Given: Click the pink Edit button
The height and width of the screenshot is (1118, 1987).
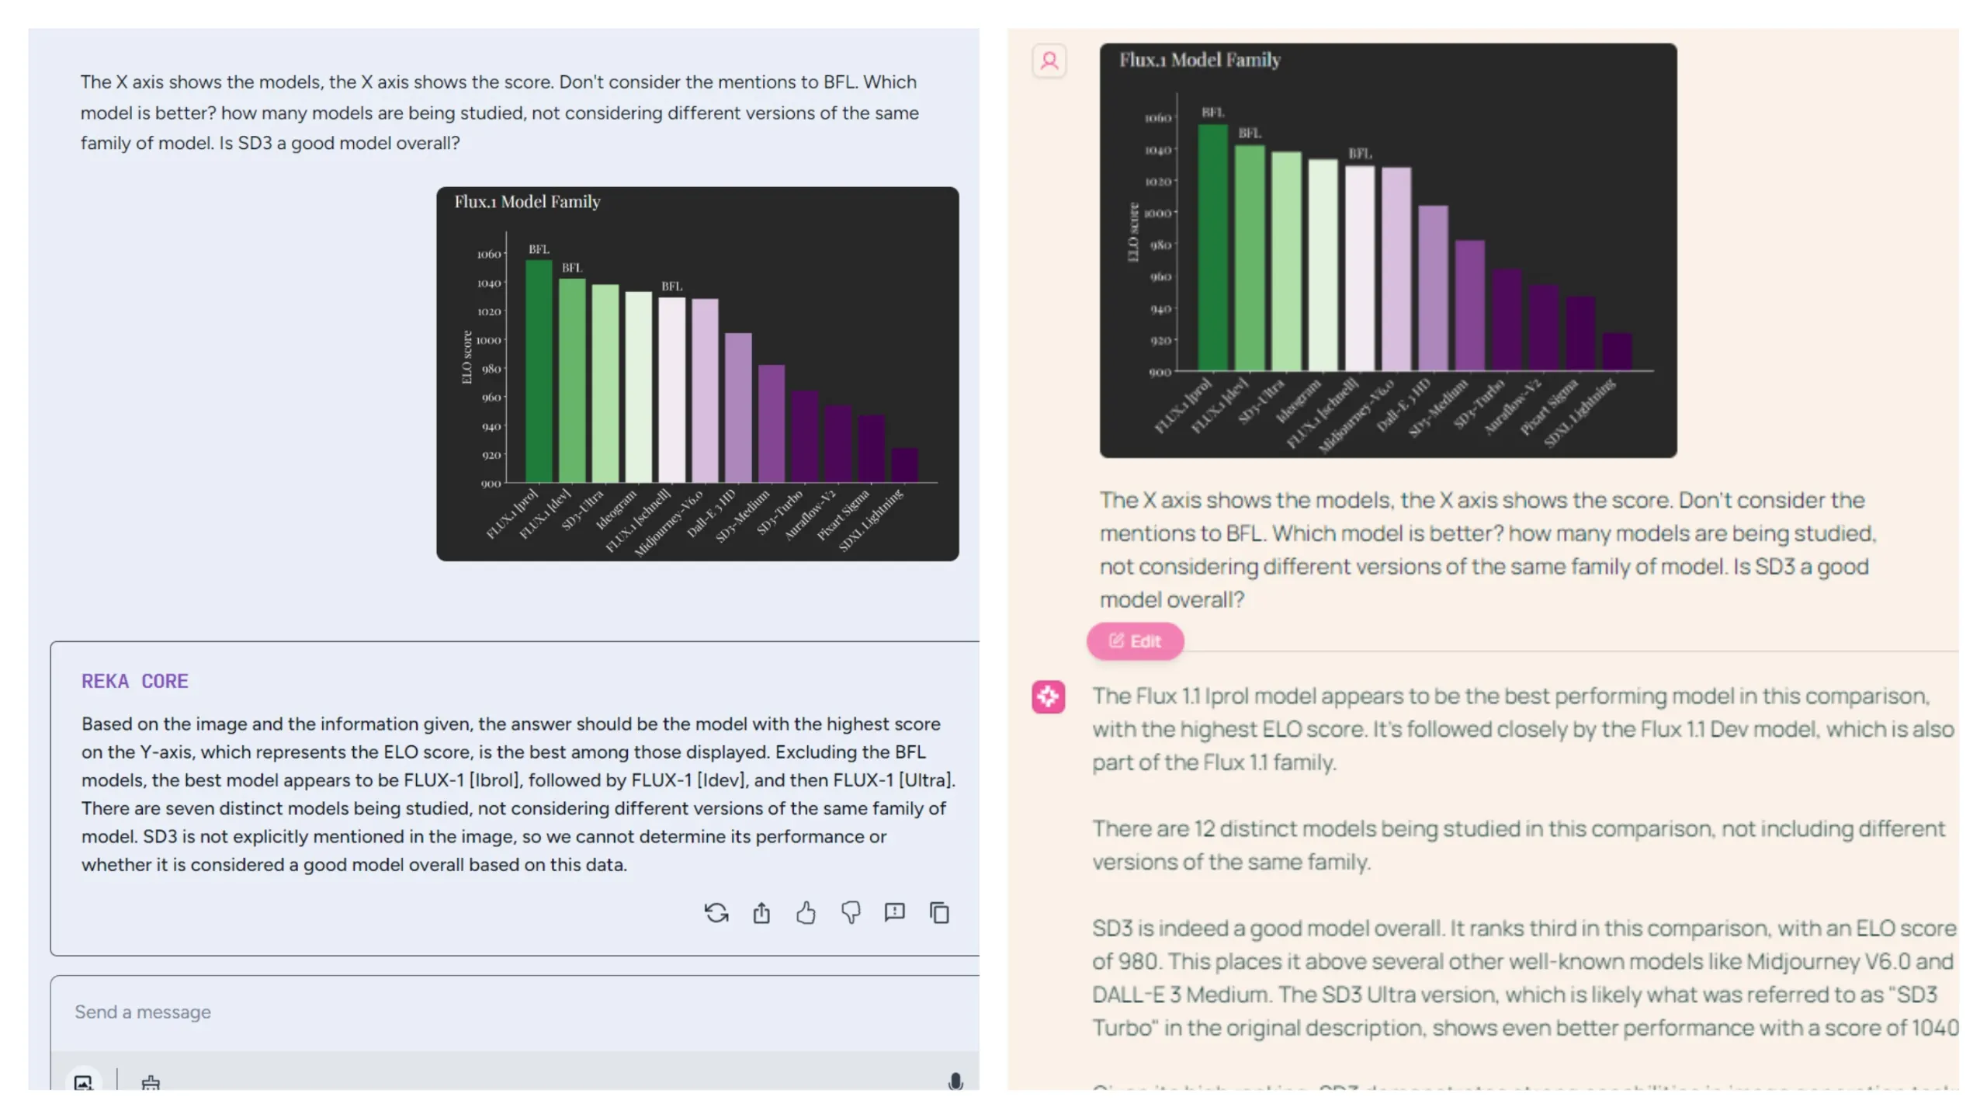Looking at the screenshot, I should [1135, 641].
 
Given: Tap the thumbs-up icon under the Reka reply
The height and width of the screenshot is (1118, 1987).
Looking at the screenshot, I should [806, 912].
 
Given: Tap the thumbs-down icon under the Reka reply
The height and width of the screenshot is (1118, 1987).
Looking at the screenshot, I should [851, 912].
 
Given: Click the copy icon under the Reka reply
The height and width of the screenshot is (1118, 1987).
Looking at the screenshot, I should [939, 912].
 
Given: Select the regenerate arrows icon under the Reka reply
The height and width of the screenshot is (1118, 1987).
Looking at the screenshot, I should [716, 912].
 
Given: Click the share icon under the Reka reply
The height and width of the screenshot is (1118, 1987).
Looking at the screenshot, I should [761, 912].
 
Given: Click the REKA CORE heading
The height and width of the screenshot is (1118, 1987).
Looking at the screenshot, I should [135, 681].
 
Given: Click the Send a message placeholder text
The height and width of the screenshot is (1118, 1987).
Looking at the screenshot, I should [143, 1012].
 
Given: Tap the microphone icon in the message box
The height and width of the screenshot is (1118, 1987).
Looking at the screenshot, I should [955, 1082].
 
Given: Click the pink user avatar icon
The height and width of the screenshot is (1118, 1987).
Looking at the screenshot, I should [1049, 61].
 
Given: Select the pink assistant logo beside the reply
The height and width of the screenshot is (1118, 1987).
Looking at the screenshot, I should [1048, 696].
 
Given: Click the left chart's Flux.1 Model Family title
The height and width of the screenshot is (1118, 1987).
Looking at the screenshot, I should [527, 202].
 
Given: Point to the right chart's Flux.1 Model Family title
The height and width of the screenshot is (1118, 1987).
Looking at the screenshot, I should [1199, 60].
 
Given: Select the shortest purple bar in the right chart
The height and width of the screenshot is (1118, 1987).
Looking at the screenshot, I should [1617, 352].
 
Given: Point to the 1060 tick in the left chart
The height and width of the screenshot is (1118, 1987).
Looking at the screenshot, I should [488, 254].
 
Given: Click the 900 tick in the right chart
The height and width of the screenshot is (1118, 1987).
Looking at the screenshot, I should [1160, 373].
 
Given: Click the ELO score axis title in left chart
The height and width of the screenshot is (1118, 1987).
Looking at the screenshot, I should [466, 357].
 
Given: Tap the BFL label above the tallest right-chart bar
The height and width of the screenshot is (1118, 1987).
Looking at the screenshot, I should [1212, 113].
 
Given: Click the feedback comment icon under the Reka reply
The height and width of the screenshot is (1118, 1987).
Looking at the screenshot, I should [895, 912].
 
